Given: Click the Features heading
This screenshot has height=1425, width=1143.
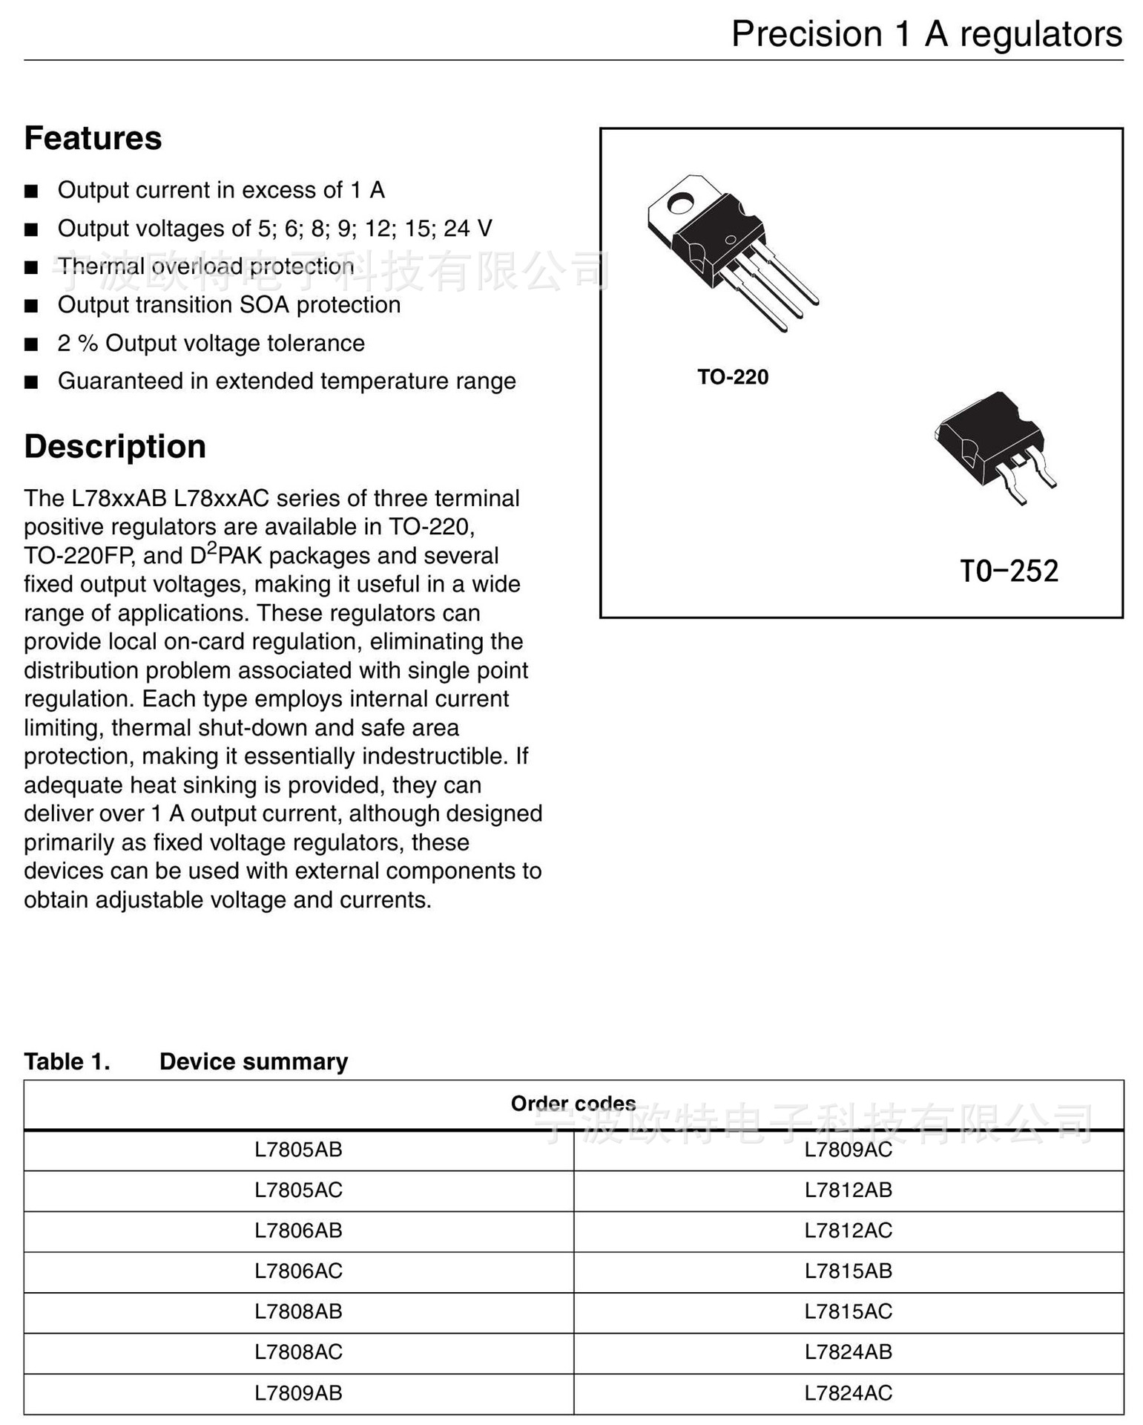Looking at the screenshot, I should (93, 139).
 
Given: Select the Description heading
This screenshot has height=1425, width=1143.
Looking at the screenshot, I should (115, 447).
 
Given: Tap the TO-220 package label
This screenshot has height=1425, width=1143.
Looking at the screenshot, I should (732, 377).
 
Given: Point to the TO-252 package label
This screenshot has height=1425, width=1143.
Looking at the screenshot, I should (1008, 571).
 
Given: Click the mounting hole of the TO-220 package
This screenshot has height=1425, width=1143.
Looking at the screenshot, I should (680, 202).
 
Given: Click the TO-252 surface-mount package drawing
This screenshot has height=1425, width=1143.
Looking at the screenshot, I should (994, 445).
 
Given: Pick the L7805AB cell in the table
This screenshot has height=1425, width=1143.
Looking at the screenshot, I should (298, 1150).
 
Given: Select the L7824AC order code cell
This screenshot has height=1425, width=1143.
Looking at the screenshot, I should (848, 1393).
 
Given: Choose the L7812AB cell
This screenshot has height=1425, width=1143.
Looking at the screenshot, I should (848, 1190).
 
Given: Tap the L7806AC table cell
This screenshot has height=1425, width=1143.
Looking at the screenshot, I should (298, 1271).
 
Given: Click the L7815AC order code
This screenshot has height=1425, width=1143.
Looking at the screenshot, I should (848, 1311).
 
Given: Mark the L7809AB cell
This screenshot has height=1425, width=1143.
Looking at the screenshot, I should (298, 1393).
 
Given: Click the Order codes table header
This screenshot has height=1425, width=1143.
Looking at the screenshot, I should (573, 1104).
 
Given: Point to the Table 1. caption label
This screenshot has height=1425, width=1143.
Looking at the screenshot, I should (67, 1061).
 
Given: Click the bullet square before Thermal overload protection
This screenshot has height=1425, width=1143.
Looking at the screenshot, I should (31, 267).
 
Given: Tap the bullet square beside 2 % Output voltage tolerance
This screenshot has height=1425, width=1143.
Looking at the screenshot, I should (31, 344).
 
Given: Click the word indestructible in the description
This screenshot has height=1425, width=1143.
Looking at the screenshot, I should (434, 756).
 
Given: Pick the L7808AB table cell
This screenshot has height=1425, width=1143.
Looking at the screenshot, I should (298, 1311).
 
